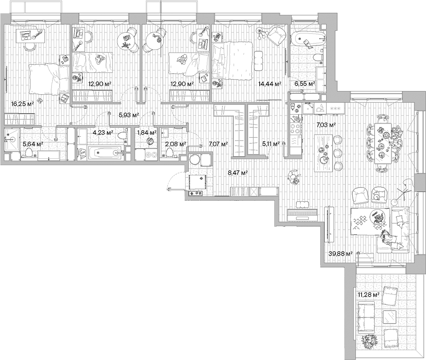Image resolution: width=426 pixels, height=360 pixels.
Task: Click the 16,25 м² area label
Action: (x=23, y=104)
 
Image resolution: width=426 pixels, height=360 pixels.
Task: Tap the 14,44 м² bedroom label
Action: (x=269, y=84)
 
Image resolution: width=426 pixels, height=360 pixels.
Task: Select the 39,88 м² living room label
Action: (x=340, y=254)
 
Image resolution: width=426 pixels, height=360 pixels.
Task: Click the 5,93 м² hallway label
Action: (x=129, y=115)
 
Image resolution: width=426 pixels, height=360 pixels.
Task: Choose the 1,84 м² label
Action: (x=147, y=133)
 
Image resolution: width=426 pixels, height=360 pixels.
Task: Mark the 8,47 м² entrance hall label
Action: (x=238, y=173)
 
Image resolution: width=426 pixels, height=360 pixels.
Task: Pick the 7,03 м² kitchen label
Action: (x=326, y=125)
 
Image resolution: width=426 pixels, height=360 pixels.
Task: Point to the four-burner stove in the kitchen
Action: (x=295, y=129)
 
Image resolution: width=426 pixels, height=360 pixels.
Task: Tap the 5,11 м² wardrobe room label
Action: (x=271, y=144)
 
